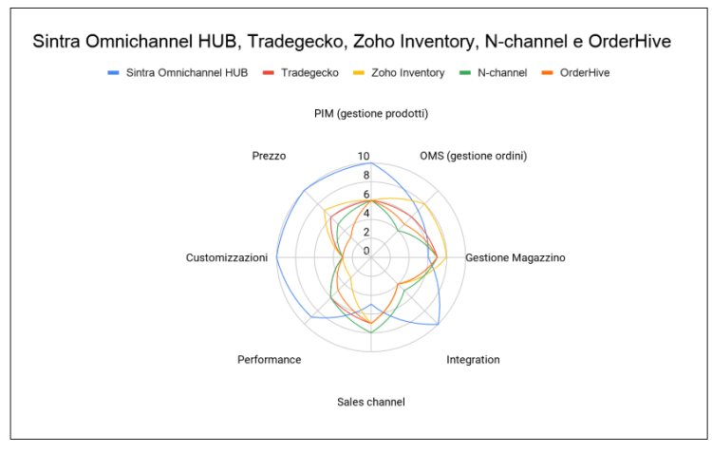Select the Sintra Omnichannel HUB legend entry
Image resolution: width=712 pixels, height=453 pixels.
[186, 73]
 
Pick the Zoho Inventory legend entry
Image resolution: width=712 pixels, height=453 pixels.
[403, 73]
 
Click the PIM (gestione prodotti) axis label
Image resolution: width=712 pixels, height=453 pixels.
[371, 114]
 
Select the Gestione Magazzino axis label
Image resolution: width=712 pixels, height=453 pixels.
[515, 257]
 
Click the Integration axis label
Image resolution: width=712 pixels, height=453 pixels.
[473, 360]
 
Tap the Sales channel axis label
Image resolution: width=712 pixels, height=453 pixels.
[371, 402]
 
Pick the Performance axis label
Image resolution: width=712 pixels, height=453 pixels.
[270, 360]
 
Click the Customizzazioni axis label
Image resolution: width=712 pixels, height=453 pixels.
[227, 257]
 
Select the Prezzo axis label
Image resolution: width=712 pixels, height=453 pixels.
[270, 156]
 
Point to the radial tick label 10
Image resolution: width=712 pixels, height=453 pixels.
[364, 157]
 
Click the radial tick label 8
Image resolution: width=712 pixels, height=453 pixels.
[365, 176]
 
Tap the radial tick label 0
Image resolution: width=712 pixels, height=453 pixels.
[365, 251]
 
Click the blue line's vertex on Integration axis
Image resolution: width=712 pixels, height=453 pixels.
[439, 325]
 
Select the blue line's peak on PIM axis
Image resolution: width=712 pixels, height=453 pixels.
[371, 163]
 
